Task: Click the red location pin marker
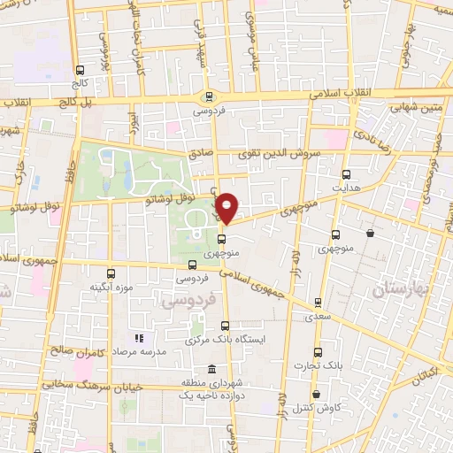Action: click(227, 207)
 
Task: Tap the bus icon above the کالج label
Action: click(81, 70)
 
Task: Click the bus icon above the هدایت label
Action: click(345, 174)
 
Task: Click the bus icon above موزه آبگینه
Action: click(111, 273)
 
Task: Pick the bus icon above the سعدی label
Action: click(319, 300)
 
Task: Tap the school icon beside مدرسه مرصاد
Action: click(137, 338)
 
